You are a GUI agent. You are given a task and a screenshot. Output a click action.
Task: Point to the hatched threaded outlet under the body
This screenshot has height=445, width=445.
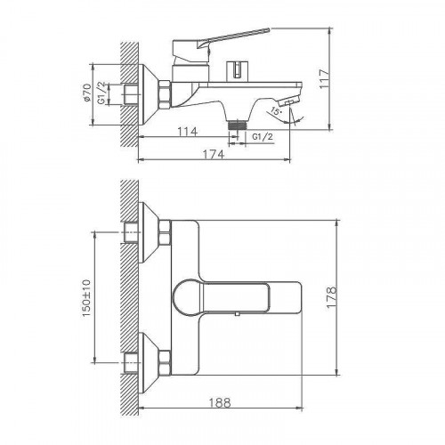[x=236, y=126]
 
